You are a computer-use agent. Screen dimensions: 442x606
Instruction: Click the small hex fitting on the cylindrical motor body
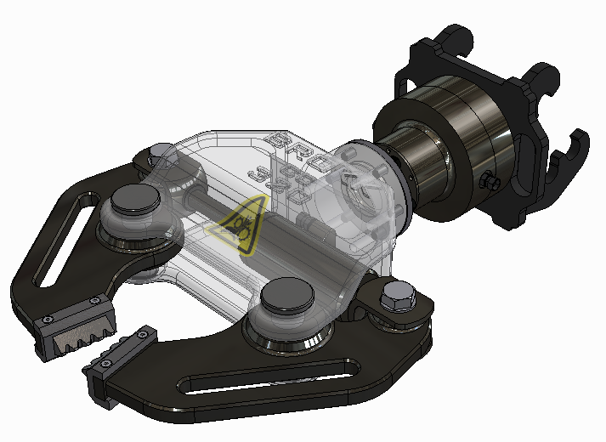coord(490,182)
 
